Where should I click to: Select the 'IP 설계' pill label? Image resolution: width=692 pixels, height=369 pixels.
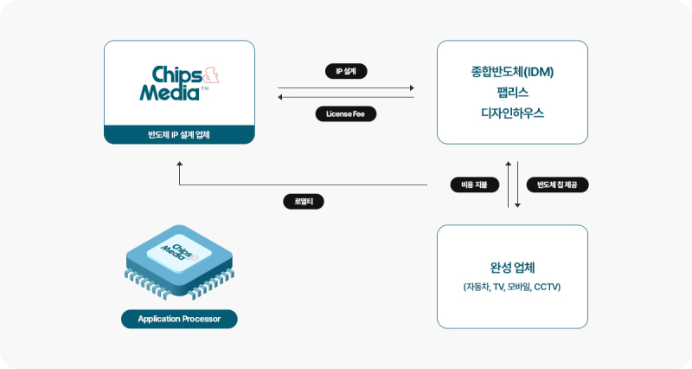tap(346, 72)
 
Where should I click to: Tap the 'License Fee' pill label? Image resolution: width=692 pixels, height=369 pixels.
tap(346, 113)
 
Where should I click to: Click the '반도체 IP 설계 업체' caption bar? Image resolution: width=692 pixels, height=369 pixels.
tap(179, 134)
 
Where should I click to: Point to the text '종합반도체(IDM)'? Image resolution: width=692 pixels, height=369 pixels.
tap(512, 71)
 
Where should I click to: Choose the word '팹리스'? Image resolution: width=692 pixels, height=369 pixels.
tap(512, 92)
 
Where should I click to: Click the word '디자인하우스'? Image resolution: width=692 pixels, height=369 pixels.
tap(512, 113)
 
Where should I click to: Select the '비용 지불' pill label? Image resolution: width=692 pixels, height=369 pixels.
tap(469, 184)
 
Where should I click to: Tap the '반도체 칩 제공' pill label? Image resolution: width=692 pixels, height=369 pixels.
tap(557, 184)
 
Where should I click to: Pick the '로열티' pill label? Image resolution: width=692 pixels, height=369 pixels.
tap(304, 202)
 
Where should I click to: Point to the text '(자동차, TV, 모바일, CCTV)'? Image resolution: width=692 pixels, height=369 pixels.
tap(512, 287)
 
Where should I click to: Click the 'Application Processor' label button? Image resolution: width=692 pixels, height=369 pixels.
tap(179, 320)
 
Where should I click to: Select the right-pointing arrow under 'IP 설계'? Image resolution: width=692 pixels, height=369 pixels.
tap(346, 87)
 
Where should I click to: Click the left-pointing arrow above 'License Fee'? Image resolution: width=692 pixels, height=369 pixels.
tap(346, 98)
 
